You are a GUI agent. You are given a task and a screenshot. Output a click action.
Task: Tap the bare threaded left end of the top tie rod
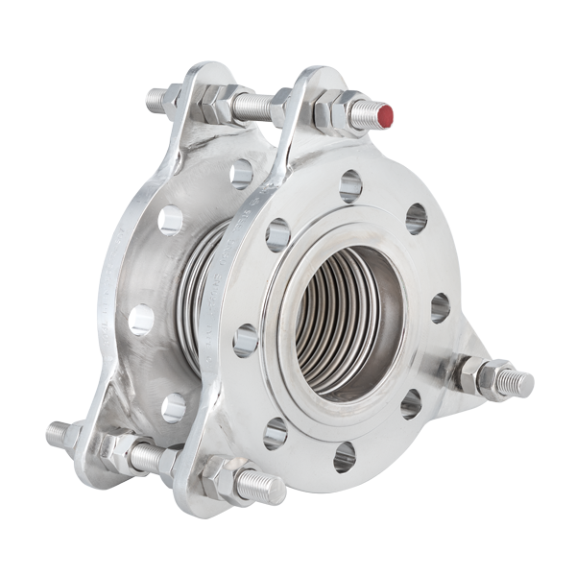[x=156, y=99]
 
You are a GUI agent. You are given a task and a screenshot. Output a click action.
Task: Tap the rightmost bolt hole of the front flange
[x=440, y=307]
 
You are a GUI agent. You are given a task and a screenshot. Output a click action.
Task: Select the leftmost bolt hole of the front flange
[x=246, y=340]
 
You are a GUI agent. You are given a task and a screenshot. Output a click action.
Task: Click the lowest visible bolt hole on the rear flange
[x=173, y=407]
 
